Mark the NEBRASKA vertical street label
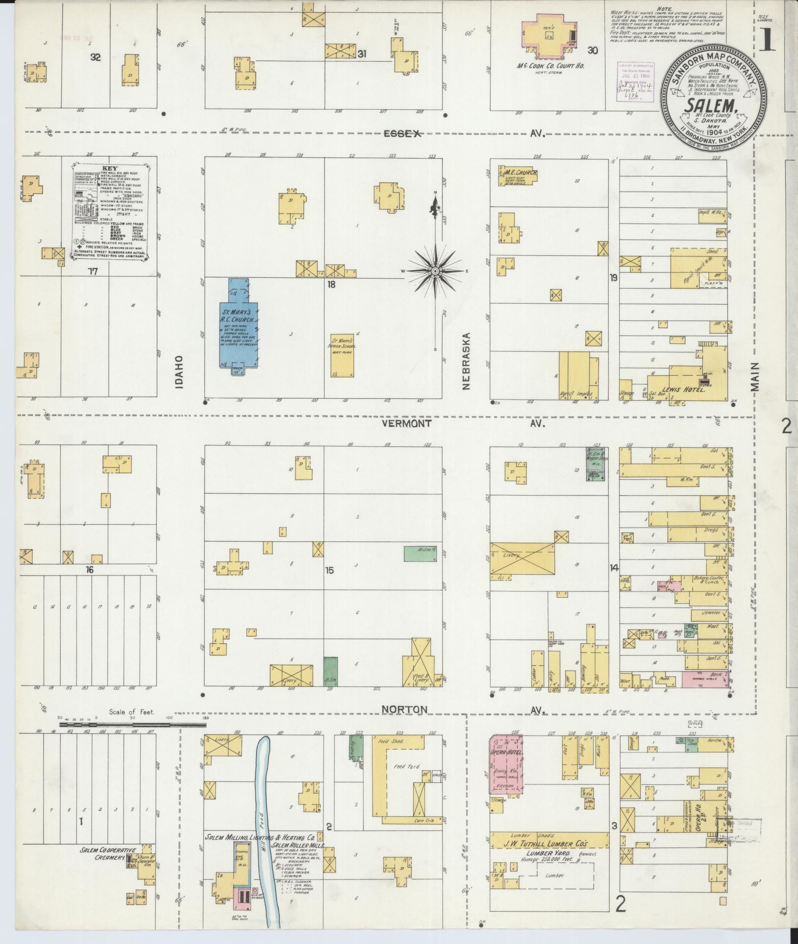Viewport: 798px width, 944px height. coord(466,361)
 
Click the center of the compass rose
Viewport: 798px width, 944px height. coord(435,271)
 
